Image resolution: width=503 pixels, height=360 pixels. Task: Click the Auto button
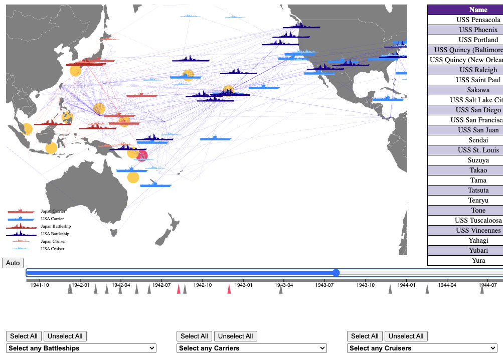[x=13, y=263]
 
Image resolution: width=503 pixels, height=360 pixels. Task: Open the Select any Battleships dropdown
[x=81, y=348]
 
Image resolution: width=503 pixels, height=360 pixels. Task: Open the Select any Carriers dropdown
[x=252, y=348]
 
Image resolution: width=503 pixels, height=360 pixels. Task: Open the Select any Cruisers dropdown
[x=422, y=348]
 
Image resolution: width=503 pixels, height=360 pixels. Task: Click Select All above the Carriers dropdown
[x=194, y=336]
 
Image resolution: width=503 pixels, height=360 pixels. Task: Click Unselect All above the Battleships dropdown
[x=65, y=336]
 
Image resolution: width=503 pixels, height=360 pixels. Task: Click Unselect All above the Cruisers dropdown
[x=406, y=336]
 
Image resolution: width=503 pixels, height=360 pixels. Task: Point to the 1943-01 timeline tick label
[x=243, y=285]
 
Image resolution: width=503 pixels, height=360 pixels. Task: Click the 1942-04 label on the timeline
[x=121, y=285]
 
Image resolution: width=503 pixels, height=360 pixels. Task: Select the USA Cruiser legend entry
[x=53, y=249]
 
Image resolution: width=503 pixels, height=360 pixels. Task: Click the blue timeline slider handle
[x=336, y=273]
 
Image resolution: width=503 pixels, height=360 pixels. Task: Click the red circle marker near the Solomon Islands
[x=142, y=156]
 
